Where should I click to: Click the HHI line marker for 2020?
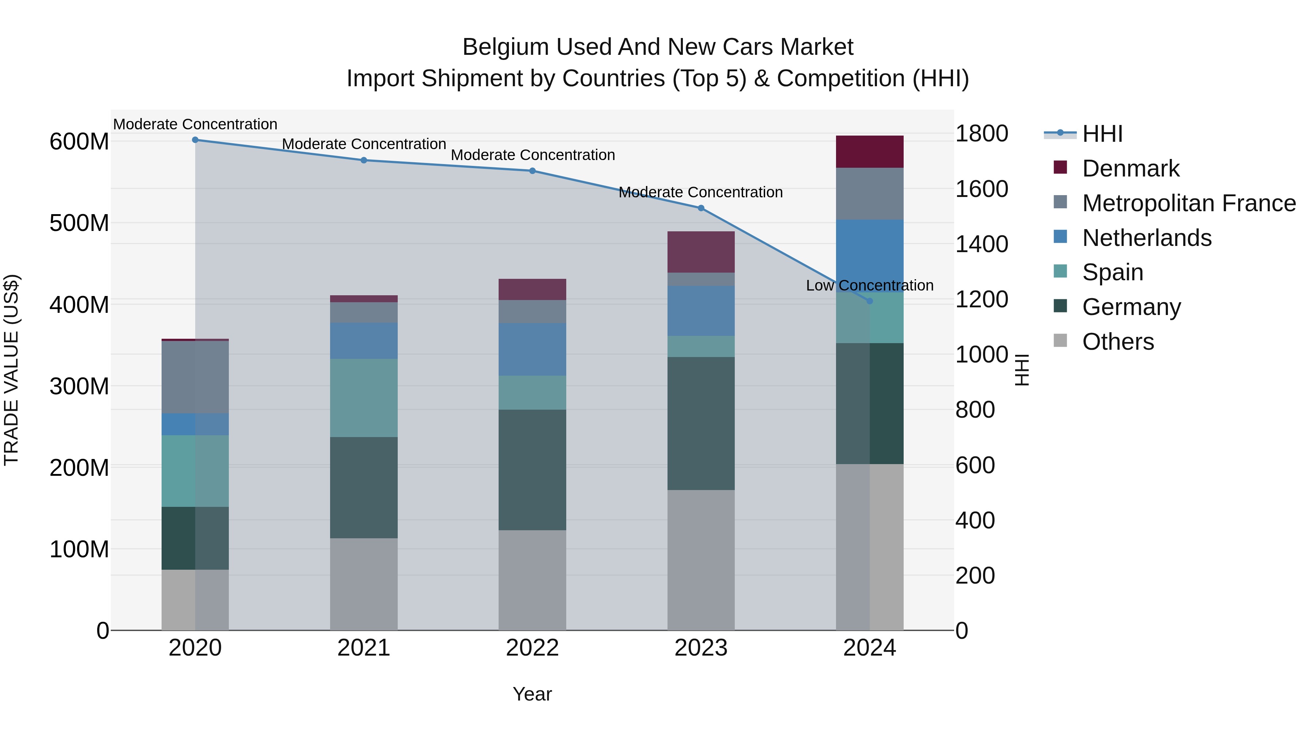(x=195, y=140)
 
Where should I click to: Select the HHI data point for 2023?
(x=701, y=208)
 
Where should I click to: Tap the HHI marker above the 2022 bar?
(x=532, y=171)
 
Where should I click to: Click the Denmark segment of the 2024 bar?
(x=870, y=152)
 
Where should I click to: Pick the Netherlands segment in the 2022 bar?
(x=532, y=349)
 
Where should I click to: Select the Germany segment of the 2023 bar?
(x=701, y=424)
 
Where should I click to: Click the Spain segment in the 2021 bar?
(x=364, y=398)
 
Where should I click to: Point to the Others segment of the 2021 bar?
(x=364, y=584)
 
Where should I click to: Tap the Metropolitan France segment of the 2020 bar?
(x=195, y=377)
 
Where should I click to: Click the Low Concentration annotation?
(x=870, y=285)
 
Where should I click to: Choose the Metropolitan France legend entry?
(x=1189, y=203)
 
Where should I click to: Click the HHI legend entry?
(x=1102, y=134)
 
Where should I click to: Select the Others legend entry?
(x=1118, y=342)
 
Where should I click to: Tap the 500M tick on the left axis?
(x=79, y=223)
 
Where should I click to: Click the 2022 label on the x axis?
(x=532, y=648)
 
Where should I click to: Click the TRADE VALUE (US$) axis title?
(x=11, y=370)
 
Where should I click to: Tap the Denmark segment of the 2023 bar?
(x=701, y=252)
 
